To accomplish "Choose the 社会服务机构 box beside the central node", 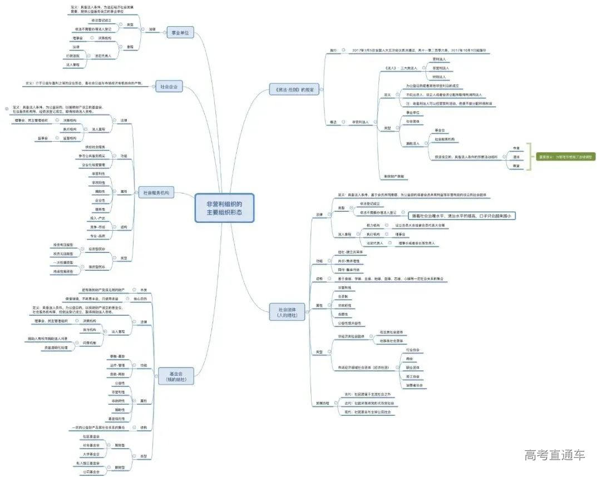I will point(156,193).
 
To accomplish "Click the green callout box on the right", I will point(563,157).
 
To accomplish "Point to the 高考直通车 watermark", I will point(555,455).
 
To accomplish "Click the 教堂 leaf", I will point(516,166).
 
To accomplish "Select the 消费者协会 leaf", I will point(415,385).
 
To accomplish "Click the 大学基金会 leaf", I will point(91,454).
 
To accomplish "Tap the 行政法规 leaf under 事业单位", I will point(72,56).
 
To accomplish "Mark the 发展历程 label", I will point(323,403).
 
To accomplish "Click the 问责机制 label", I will point(90,343).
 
